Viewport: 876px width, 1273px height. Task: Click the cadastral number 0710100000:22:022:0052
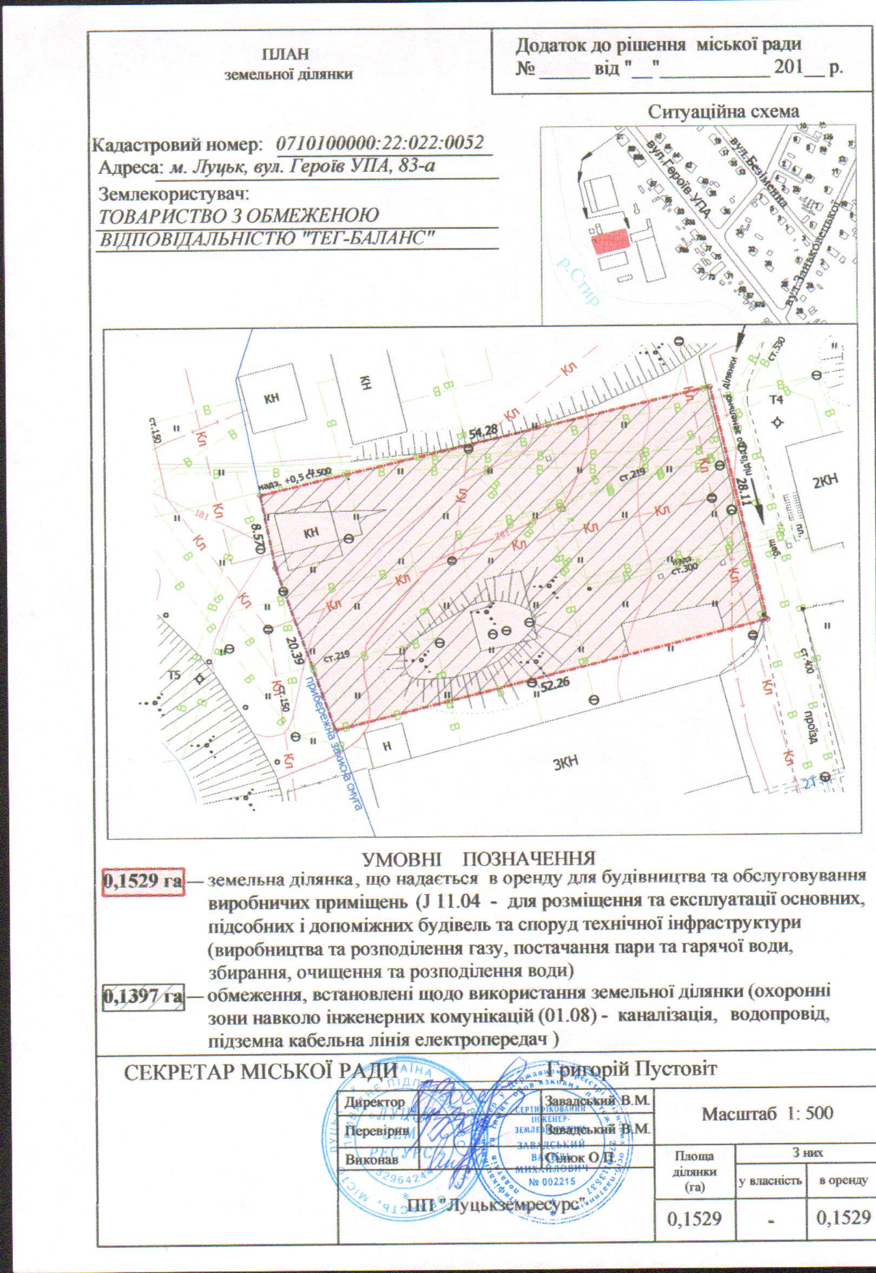click(380, 144)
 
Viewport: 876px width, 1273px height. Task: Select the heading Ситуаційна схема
click(723, 112)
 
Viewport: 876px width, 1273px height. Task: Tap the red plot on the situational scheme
click(610, 241)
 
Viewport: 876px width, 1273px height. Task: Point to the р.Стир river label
click(577, 280)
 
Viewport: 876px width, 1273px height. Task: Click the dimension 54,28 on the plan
click(483, 431)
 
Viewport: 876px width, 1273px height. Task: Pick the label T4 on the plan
click(776, 399)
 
